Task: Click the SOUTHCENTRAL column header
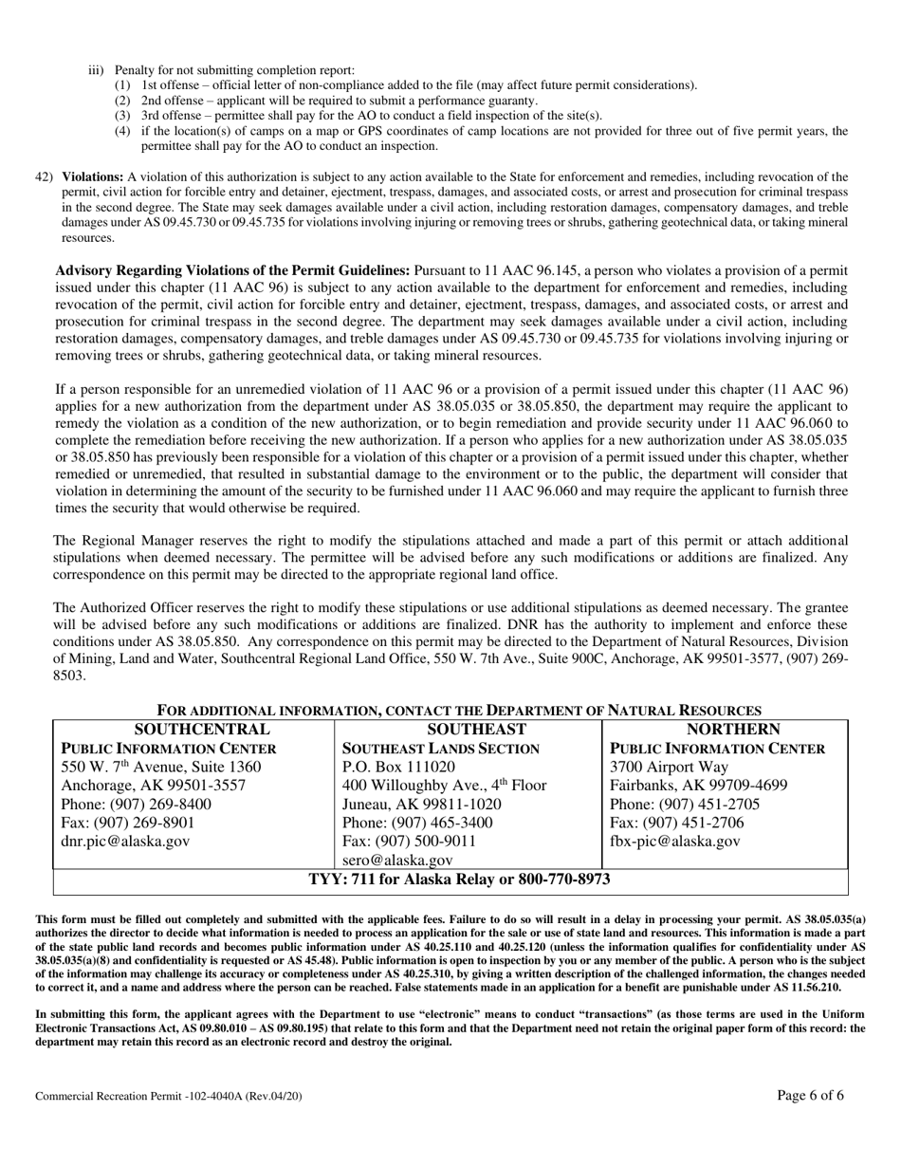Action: (202, 730)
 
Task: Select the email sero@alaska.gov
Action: (396, 861)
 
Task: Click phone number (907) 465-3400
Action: (417, 823)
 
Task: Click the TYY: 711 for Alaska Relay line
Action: (460, 880)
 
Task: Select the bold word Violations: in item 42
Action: (93, 177)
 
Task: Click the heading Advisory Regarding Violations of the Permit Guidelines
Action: (233, 270)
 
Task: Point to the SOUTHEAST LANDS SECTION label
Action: (441, 749)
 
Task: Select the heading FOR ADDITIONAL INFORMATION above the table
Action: (459, 711)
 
